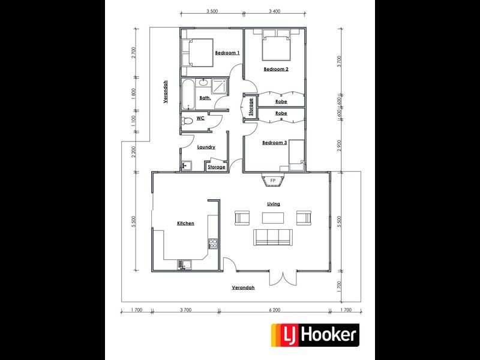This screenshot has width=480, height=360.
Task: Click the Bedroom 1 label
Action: click(x=227, y=53)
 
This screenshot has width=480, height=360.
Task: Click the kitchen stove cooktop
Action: click(x=212, y=243)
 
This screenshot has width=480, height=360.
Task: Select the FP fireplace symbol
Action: click(x=272, y=180)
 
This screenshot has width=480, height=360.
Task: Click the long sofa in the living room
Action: click(x=274, y=237)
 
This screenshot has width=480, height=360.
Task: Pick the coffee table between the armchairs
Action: click(x=274, y=217)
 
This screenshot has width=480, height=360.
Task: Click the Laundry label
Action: click(x=206, y=147)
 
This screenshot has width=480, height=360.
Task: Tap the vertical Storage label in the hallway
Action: click(x=251, y=107)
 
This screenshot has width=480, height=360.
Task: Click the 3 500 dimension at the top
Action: click(x=211, y=10)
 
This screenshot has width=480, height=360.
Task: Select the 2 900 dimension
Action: click(x=340, y=146)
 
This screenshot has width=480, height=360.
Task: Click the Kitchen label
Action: click(x=185, y=223)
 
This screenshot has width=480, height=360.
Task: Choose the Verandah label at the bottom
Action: click(x=243, y=287)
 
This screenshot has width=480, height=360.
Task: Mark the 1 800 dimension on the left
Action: click(x=134, y=95)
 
